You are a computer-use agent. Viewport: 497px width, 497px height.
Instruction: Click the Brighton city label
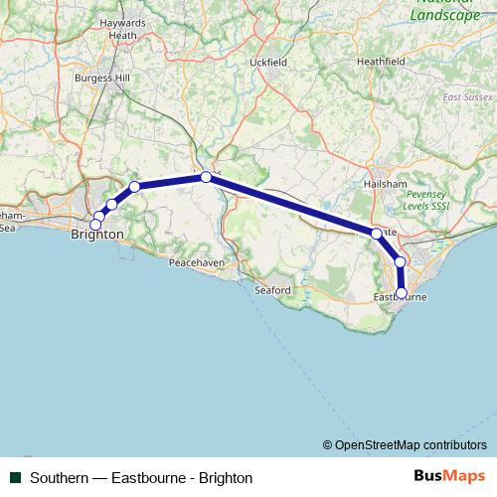click(97, 235)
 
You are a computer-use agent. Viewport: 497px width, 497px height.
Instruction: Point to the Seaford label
click(271, 290)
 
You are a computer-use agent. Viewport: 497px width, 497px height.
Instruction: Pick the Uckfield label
click(268, 62)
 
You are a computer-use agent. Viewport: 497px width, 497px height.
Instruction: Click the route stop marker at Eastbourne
click(402, 293)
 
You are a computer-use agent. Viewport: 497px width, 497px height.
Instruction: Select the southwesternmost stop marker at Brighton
click(95, 226)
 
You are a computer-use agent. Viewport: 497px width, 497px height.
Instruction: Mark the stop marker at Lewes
click(206, 177)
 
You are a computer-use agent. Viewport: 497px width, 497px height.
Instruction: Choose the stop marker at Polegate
click(376, 234)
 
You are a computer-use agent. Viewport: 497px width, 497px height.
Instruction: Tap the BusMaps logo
click(449, 477)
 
